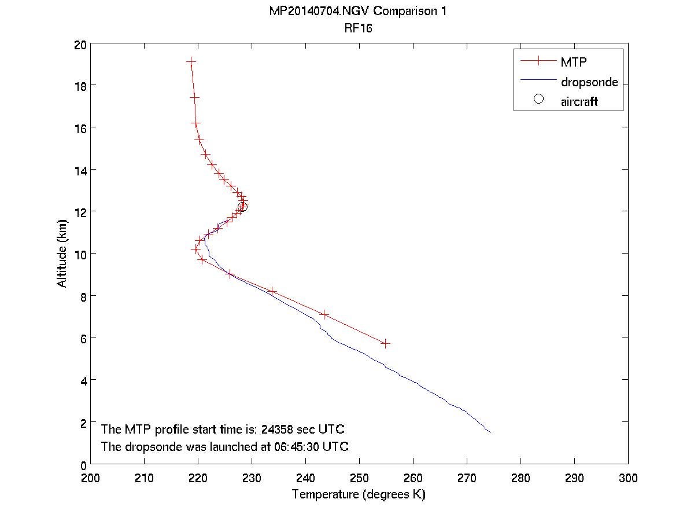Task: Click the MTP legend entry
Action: (572, 61)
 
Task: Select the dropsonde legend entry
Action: (589, 82)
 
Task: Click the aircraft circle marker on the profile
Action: (242, 207)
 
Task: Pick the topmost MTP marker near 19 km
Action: (191, 61)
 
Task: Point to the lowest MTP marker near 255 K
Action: (385, 343)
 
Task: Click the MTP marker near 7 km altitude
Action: (324, 314)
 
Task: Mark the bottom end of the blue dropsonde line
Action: (490, 432)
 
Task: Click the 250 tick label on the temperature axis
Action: (359, 479)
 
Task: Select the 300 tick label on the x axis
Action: (628, 479)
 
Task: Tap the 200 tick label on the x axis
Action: (91, 479)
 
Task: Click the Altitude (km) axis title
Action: (62, 254)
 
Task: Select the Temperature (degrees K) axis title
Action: (359, 495)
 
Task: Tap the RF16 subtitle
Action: (359, 27)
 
